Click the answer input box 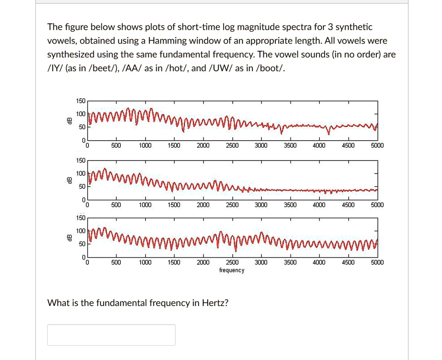(x=111, y=335)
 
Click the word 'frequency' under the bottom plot (x=232, y=270)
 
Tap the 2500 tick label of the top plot (x=232, y=146)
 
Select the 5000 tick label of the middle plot (x=377, y=205)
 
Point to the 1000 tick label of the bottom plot (x=145, y=262)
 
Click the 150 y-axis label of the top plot (x=80, y=101)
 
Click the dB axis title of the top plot (x=67, y=121)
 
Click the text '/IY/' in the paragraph (x=55, y=69)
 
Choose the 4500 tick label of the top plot (x=348, y=146)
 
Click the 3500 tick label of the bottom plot (x=290, y=262)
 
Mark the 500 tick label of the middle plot (x=116, y=205)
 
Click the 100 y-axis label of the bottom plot (x=80, y=231)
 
